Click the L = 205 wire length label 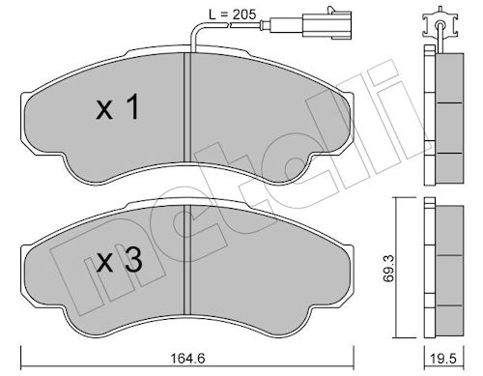232,14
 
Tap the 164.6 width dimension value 187,359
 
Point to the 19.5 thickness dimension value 443,359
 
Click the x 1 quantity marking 118,107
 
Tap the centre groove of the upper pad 187,107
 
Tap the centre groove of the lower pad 187,260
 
